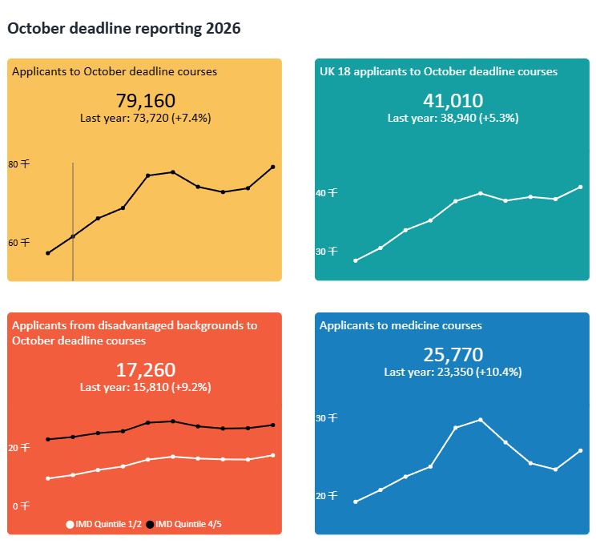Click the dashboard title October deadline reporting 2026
pos(124,29)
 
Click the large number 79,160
pos(145,101)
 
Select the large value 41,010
pos(453,101)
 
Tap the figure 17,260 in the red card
pos(145,370)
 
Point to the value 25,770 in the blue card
pos(453,355)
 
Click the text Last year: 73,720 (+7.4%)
pos(145,118)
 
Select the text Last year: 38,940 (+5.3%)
pos(453,118)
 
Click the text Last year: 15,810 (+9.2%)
pos(145,387)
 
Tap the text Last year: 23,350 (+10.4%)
pos(453,372)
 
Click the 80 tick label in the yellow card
pos(18,164)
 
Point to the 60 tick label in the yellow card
pos(18,242)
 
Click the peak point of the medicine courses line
pos(480,420)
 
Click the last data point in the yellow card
pos(273,167)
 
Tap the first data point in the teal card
pos(356,260)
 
